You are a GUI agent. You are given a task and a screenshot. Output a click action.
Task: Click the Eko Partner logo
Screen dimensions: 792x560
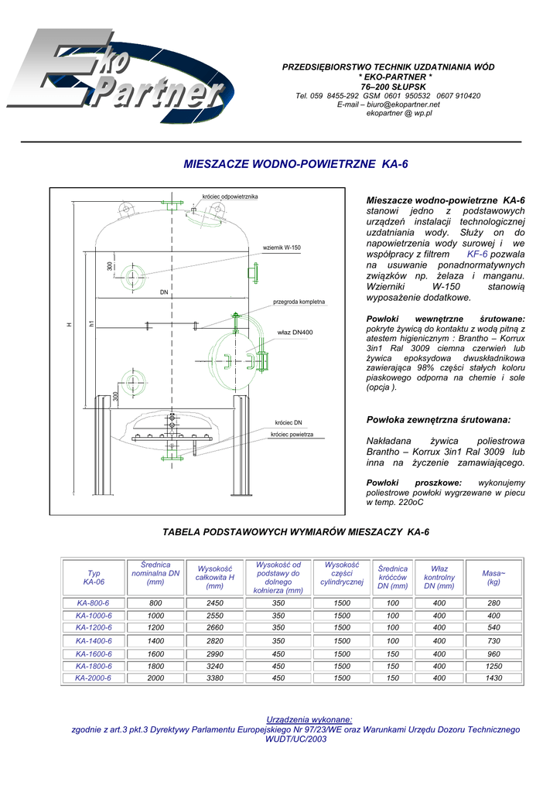point(116,77)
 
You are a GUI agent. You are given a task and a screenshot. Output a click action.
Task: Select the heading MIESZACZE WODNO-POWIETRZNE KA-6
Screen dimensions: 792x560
point(295,165)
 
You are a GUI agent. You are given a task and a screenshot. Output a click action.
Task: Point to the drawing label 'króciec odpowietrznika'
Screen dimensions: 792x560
point(230,197)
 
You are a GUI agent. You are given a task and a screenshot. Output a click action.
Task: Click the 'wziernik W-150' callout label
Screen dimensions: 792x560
point(282,247)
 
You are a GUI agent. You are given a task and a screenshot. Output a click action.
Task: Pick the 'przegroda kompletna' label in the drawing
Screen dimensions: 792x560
point(299,302)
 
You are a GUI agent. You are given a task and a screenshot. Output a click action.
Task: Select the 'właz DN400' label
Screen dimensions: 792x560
point(295,333)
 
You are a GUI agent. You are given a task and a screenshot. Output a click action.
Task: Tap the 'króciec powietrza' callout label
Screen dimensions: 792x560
point(292,435)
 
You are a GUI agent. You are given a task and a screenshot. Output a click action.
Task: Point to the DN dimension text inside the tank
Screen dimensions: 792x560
point(164,293)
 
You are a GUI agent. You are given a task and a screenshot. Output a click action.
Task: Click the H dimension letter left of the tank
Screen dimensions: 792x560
point(68,324)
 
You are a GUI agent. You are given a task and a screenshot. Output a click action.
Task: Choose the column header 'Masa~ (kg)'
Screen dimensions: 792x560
point(493,578)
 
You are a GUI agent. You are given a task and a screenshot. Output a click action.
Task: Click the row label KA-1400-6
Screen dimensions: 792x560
point(94,640)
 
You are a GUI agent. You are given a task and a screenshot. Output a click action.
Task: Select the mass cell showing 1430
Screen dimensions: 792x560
point(493,678)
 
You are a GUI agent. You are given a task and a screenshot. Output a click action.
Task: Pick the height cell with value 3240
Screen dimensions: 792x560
point(215,665)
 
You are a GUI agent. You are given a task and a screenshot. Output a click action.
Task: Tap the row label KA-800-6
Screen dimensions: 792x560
point(94,603)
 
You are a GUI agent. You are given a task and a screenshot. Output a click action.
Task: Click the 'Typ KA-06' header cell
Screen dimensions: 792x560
point(94,578)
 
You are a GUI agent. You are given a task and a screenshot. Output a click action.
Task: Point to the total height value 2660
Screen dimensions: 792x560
point(215,627)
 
